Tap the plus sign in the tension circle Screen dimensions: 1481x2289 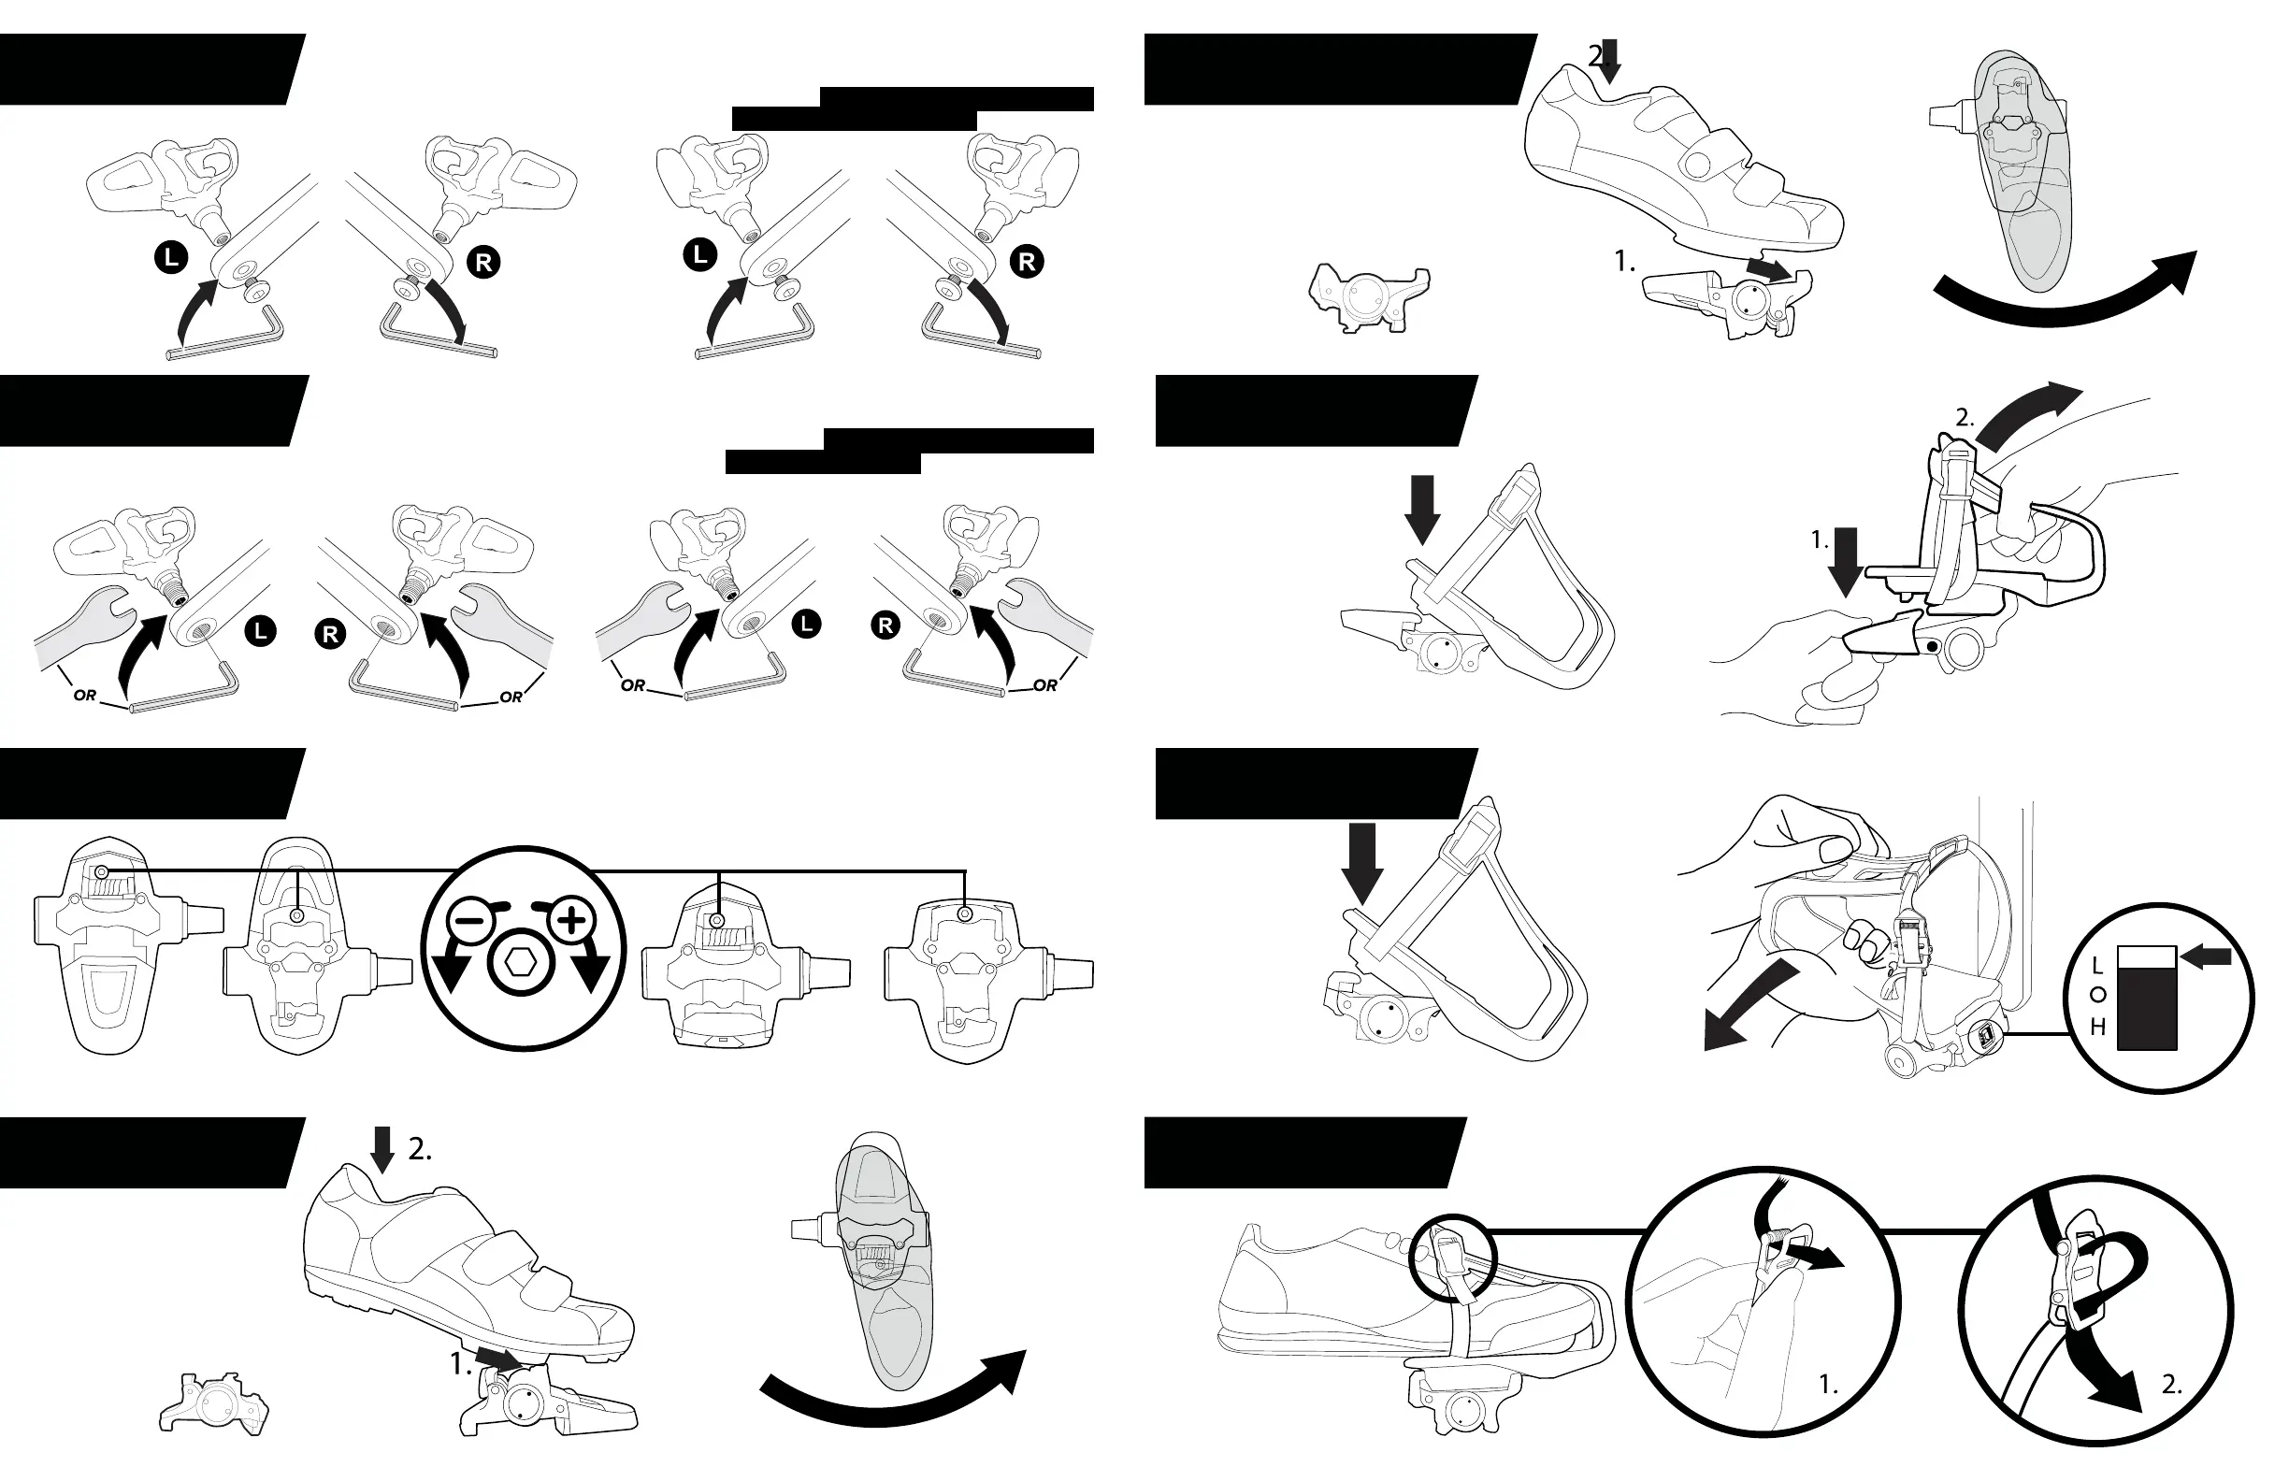(572, 920)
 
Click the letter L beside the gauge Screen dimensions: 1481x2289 (2097, 966)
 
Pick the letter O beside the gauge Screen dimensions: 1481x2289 (2097, 996)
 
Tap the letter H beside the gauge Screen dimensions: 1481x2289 (2097, 1028)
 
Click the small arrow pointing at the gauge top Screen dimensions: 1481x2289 (2208, 956)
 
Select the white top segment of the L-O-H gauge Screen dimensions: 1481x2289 (2147, 958)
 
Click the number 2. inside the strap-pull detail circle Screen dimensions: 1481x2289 (2172, 1385)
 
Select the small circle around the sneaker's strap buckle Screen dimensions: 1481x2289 (1452, 1258)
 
